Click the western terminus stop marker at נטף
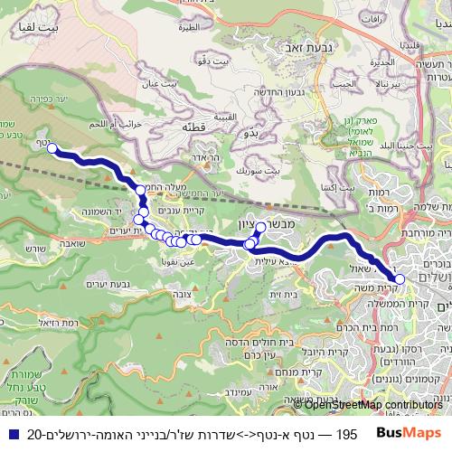point(52,148)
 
